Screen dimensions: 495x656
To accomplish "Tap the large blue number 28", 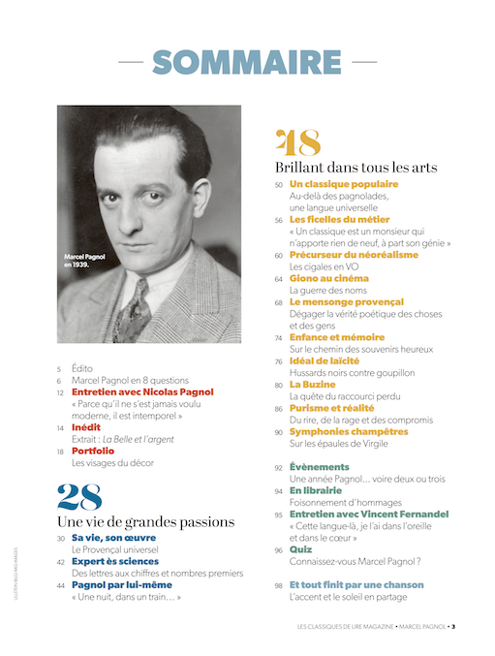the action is click(78, 497).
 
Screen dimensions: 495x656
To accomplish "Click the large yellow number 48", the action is click(298, 143).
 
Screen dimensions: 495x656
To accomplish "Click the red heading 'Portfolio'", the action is click(93, 451).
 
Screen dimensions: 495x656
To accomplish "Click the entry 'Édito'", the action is click(82, 369).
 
